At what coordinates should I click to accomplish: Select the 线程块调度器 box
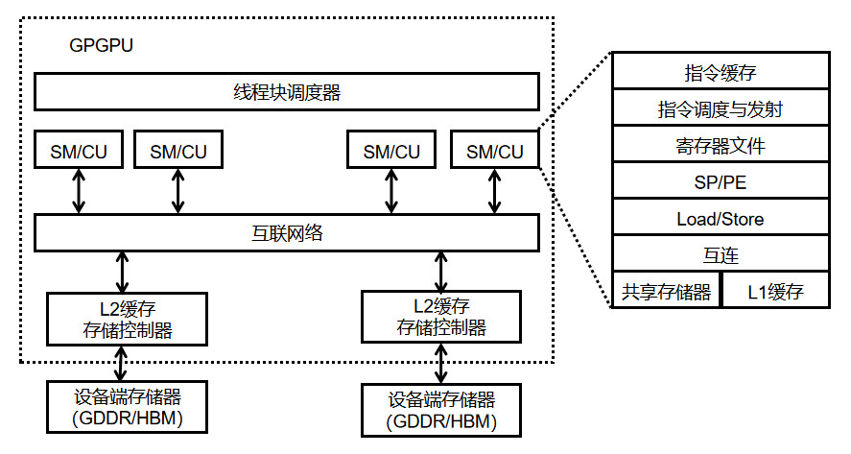pos(286,92)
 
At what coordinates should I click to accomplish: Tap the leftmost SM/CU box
pos(80,150)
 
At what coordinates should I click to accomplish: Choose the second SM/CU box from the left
pos(178,150)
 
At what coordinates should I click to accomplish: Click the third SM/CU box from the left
pos(391,151)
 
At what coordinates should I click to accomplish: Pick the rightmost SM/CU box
pos(494,151)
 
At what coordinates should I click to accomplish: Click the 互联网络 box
pos(286,232)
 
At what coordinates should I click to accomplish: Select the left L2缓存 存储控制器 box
pos(123,320)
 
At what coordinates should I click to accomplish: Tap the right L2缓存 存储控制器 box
pos(440,317)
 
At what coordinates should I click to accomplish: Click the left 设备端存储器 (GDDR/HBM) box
pos(121,406)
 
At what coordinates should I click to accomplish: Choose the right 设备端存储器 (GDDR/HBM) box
pos(441,410)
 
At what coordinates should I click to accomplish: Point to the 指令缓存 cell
pos(720,71)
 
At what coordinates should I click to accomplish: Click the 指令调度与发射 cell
pos(720,108)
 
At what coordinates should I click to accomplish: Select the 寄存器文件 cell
pos(720,146)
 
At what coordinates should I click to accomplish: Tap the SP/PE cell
pos(720,182)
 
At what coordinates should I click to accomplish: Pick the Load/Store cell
pos(720,219)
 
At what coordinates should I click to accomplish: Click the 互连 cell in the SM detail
pos(720,255)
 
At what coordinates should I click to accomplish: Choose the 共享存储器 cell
pos(666,291)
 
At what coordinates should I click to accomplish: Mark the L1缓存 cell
pos(774,291)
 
